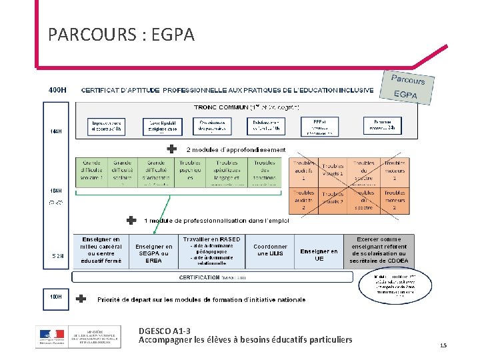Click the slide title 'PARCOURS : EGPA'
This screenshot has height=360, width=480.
121,34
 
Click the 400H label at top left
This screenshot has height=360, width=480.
57,89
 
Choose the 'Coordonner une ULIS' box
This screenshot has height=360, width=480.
270,250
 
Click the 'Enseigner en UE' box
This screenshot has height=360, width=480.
319,255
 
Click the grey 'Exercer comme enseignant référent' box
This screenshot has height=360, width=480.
378,250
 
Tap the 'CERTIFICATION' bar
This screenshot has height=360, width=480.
200,277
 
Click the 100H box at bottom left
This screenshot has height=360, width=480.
57,296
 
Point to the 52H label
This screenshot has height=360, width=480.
57,256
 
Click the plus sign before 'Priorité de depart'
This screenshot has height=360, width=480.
81,299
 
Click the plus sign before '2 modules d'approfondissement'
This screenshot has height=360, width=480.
172,149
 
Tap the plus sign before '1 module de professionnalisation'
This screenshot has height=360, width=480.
131,220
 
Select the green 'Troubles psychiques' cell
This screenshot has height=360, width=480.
190,171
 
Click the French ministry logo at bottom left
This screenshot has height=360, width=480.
79,336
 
